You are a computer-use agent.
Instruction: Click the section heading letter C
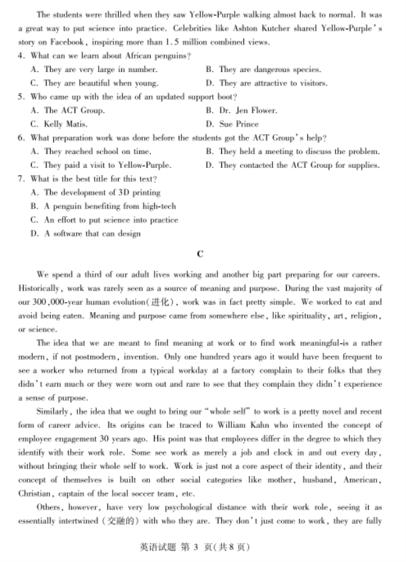pos(201,253)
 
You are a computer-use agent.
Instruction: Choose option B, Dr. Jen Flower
pos(241,110)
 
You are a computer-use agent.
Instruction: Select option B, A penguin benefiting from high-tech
pos(103,206)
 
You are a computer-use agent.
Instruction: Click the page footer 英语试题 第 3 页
pos(180,547)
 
